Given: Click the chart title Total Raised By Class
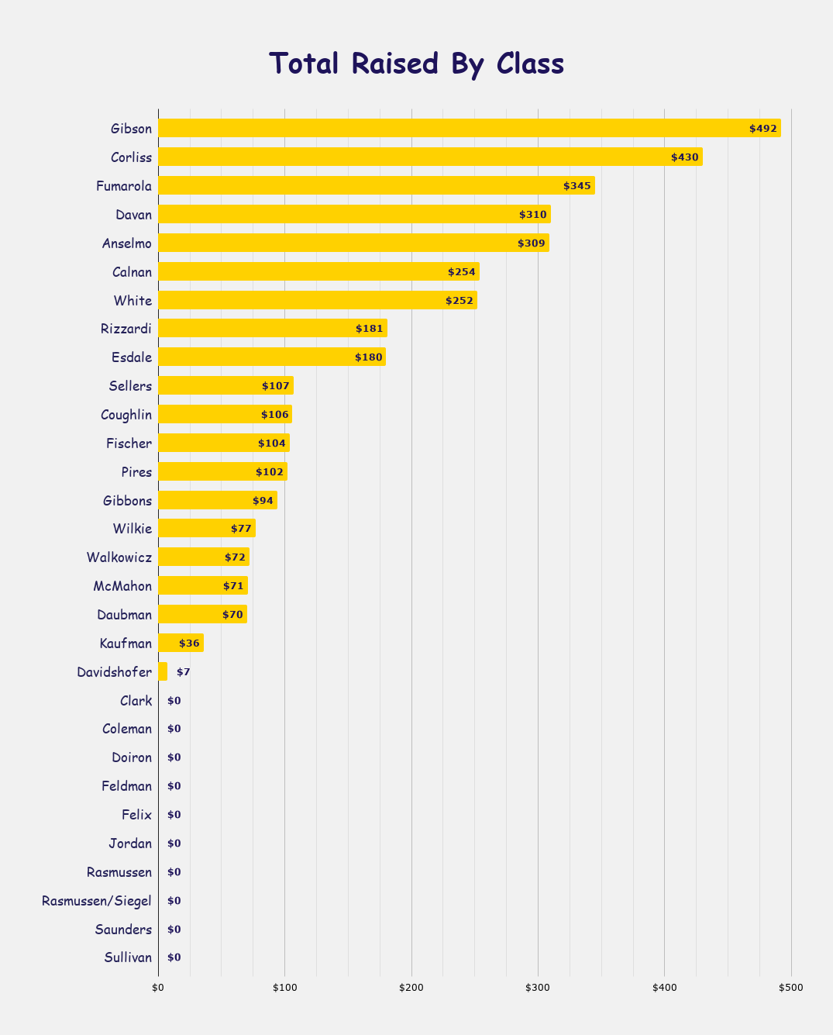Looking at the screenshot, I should [x=416, y=64].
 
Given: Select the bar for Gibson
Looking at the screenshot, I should [x=469, y=128].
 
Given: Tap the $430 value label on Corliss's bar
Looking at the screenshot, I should [x=685, y=157].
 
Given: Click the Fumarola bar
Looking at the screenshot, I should [x=376, y=185].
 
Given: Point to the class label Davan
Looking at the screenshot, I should [x=133, y=215].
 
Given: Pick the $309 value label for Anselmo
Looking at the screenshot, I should [x=532, y=243].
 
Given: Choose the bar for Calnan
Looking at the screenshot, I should [x=318, y=271].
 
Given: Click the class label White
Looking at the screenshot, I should [x=133, y=301].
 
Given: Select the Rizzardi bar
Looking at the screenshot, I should [x=272, y=329].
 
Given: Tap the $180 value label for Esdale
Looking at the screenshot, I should [x=369, y=357].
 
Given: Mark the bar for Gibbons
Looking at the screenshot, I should [x=217, y=501].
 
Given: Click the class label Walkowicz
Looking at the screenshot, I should [x=120, y=557].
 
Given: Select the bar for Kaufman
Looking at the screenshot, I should [x=181, y=643].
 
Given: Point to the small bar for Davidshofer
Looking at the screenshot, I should [x=163, y=671].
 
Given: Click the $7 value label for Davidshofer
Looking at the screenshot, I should [x=183, y=672].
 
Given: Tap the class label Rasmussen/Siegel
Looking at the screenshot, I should [x=97, y=901].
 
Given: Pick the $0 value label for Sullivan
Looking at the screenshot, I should [x=174, y=958].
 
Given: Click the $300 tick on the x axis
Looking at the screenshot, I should [x=538, y=988].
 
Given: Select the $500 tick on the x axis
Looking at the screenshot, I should [x=791, y=988].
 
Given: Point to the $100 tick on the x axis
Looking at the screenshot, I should [x=284, y=988].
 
